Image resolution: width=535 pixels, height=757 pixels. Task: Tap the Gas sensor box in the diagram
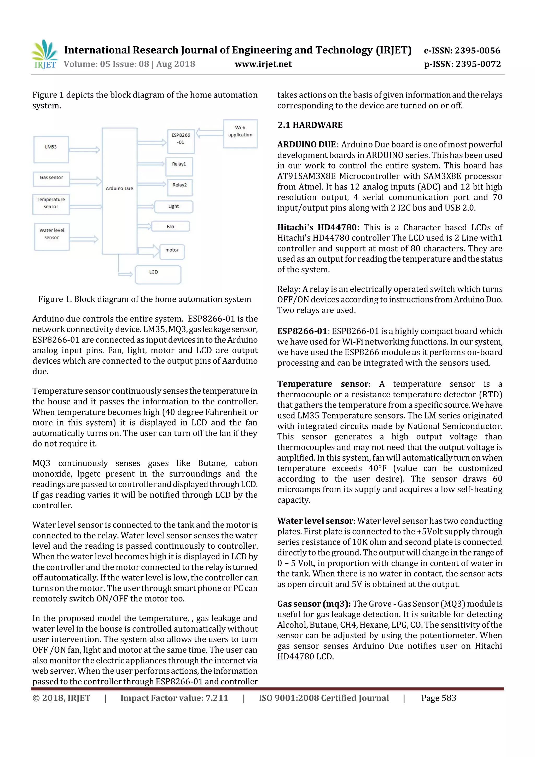coord(51,178)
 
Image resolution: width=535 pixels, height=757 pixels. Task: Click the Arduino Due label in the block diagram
coord(119,188)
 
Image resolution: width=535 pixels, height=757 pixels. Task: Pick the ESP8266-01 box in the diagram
coord(181,141)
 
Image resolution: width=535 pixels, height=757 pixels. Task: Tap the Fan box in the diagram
coord(171,226)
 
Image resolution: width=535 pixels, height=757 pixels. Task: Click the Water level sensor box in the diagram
coord(52,236)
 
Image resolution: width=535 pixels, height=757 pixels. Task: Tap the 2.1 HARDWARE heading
coord(310,125)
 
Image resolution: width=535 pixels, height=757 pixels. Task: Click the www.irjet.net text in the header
coord(263,64)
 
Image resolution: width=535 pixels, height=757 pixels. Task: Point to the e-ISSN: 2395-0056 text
coord(462,50)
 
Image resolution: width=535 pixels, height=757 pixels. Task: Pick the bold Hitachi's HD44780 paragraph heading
coord(317,227)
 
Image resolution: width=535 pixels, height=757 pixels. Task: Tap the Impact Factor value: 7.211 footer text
coord(174,698)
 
